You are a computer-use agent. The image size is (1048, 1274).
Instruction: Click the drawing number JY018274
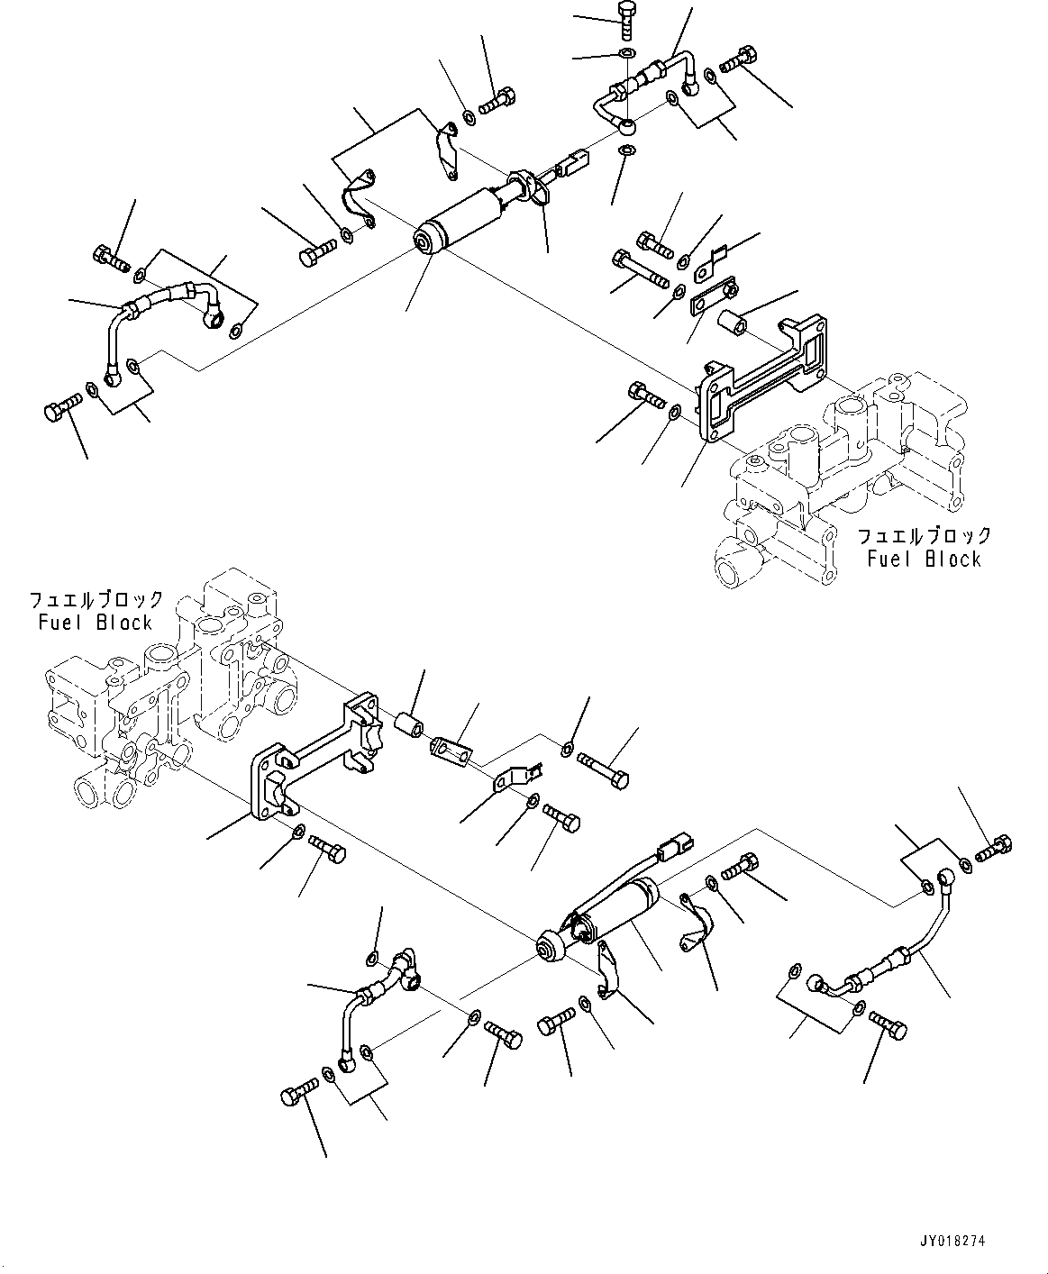pos(952,1241)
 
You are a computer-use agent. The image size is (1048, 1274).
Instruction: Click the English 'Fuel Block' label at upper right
pos(924,560)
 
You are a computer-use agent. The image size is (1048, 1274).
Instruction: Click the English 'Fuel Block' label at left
pos(96,623)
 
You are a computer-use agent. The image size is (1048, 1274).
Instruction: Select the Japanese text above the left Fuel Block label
pos(96,600)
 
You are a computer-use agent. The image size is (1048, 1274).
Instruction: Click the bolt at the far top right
pos(738,59)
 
